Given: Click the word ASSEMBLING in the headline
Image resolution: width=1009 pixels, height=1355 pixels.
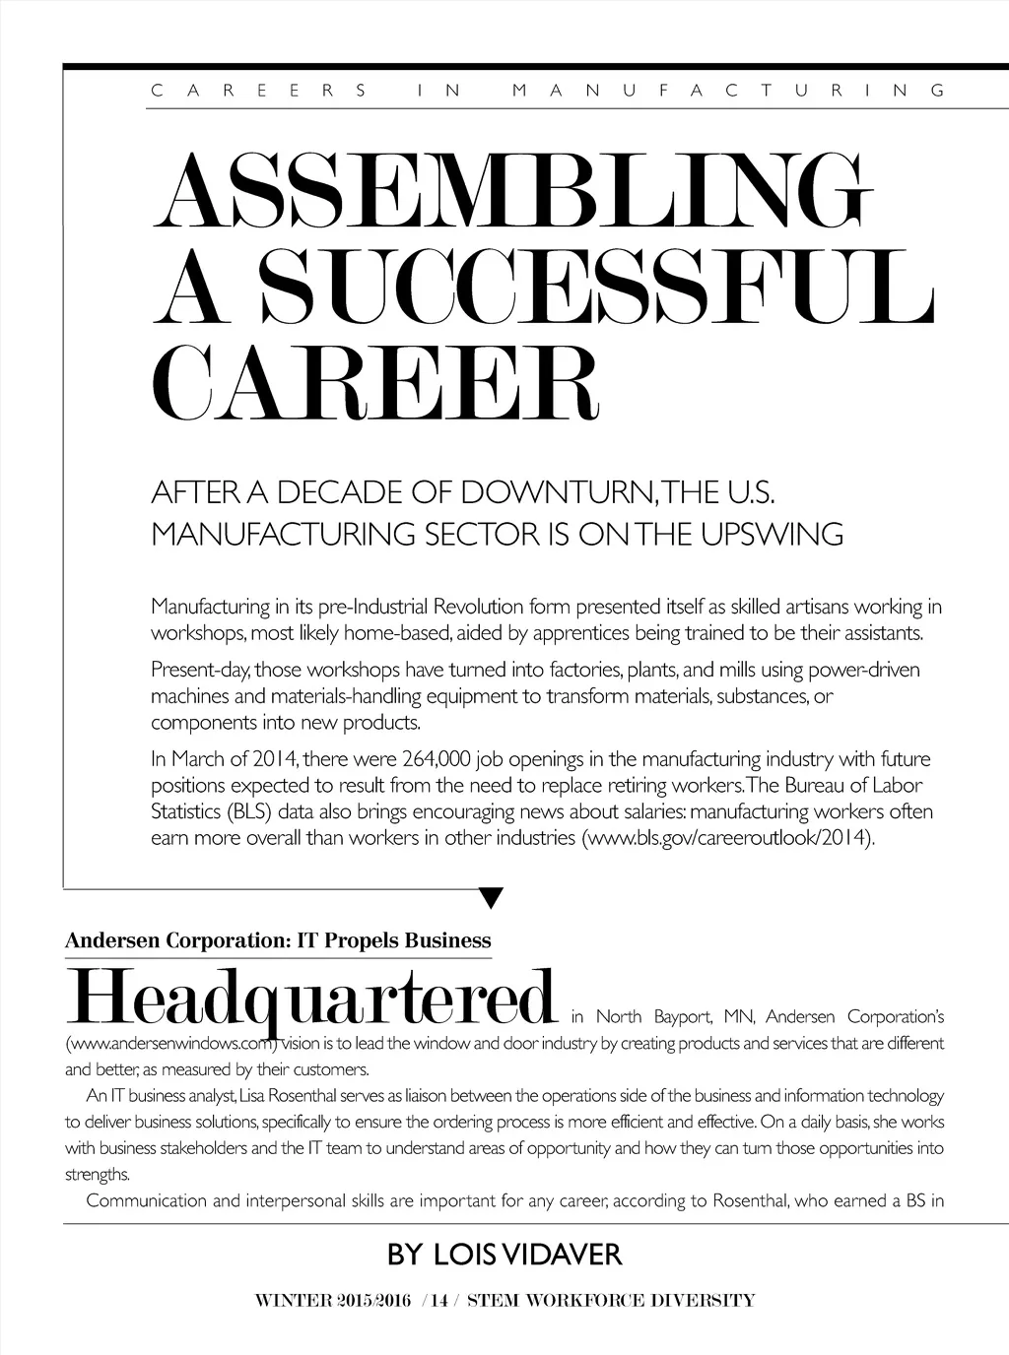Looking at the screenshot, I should [x=512, y=192].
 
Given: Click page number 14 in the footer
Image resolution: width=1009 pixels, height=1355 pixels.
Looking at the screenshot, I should [x=438, y=1300].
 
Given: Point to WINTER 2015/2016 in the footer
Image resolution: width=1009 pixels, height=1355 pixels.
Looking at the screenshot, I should [x=332, y=1300].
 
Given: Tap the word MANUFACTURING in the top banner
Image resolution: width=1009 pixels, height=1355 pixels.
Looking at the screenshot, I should [x=729, y=91].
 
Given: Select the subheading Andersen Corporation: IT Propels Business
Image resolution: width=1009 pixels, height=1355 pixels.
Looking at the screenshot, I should [x=277, y=940].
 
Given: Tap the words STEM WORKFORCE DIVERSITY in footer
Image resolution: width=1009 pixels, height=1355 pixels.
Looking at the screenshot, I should [x=611, y=1300].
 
